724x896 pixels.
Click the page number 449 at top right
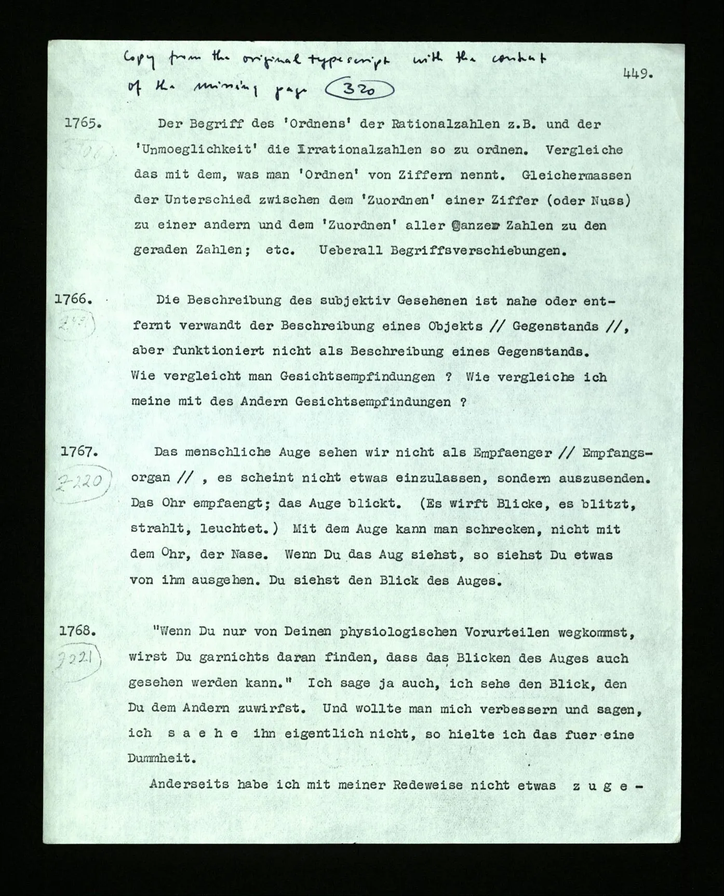(x=637, y=74)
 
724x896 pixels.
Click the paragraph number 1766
(x=74, y=299)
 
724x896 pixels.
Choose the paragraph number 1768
(x=78, y=631)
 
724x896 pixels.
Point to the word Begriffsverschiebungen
(x=477, y=251)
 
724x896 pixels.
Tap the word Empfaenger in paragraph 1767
(x=512, y=452)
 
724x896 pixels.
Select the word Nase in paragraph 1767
(x=249, y=555)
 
